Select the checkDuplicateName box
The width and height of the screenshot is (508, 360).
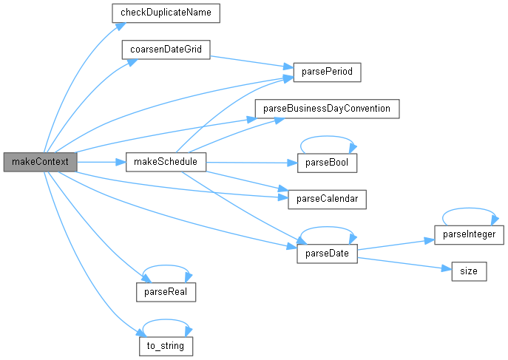tap(166, 13)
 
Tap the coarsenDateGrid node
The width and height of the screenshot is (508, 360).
tap(166, 50)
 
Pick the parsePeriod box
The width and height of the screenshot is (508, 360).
tap(328, 72)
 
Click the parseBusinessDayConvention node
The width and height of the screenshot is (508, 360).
tap(327, 108)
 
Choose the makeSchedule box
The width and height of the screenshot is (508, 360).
tap(166, 162)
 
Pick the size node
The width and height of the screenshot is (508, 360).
tap(469, 271)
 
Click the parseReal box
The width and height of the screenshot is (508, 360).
tap(166, 291)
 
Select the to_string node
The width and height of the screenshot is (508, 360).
tap(166, 345)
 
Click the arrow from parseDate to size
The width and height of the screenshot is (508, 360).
tap(404, 262)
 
